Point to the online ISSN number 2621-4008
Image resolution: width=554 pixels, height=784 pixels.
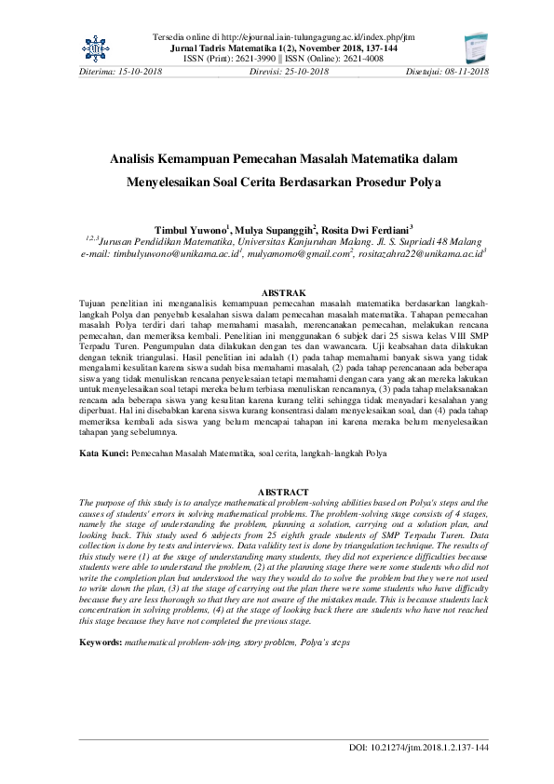(x=355, y=58)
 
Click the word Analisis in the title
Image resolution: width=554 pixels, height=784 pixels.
(x=139, y=159)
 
